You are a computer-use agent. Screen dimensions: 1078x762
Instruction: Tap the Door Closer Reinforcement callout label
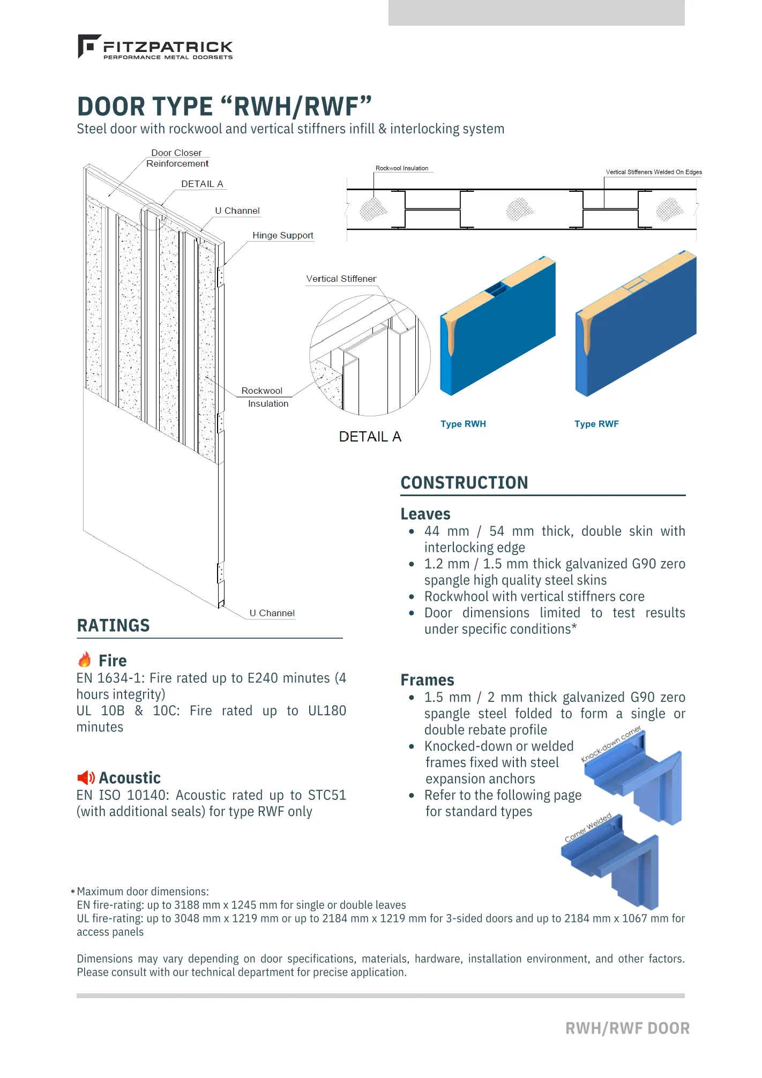[177, 158]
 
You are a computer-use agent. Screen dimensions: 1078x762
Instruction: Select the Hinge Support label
[282, 235]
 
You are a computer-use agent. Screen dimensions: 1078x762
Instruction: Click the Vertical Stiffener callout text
[341, 279]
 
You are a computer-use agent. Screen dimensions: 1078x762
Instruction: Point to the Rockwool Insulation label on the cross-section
[402, 168]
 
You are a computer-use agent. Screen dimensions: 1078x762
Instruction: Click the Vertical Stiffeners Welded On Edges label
[653, 172]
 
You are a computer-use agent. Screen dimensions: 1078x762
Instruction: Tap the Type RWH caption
[463, 424]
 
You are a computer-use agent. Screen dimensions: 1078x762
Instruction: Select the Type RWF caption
[596, 424]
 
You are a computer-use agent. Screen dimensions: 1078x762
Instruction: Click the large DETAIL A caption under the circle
[370, 437]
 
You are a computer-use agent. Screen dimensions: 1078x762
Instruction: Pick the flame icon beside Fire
[85, 660]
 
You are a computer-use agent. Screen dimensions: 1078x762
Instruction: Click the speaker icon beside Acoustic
[86, 777]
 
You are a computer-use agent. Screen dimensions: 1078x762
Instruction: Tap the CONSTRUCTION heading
[464, 483]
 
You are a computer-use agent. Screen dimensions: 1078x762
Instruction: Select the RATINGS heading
[114, 626]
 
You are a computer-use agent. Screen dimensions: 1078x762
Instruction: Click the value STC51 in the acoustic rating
[326, 795]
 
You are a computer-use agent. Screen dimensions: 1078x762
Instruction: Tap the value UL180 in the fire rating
[327, 711]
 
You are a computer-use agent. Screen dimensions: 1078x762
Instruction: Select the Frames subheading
[427, 680]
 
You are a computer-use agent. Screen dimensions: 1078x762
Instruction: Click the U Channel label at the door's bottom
[272, 613]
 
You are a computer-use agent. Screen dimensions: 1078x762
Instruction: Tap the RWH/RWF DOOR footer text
[627, 1028]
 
